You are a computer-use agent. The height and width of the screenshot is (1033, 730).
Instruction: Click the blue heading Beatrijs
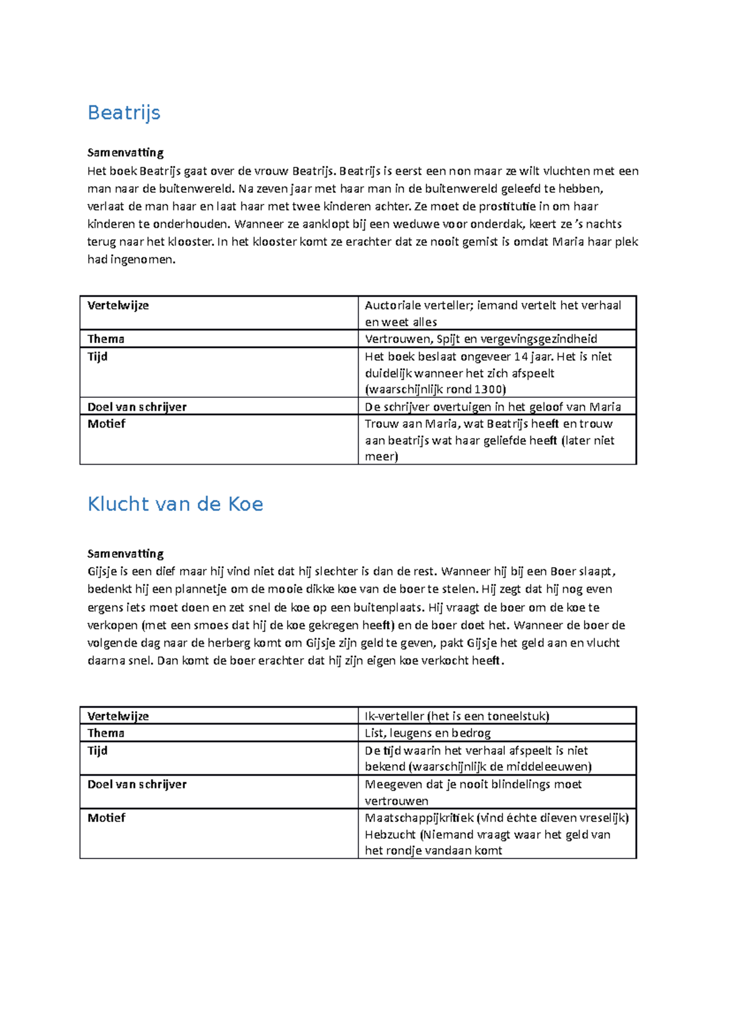(x=124, y=113)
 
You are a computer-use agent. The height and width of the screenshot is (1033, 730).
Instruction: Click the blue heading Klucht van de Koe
(x=175, y=504)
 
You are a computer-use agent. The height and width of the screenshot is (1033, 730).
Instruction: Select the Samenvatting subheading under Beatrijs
(x=125, y=152)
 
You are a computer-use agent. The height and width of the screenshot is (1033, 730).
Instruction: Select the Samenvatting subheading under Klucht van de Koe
(x=125, y=554)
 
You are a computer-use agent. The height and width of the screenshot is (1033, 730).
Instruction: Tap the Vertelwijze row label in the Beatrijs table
(x=118, y=305)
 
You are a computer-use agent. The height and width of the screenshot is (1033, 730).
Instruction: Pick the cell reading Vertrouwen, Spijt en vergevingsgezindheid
(x=481, y=339)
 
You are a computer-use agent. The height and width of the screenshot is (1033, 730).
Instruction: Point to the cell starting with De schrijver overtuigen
(x=492, y=406)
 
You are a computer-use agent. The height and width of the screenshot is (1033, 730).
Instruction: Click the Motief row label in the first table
(x=106, y=423)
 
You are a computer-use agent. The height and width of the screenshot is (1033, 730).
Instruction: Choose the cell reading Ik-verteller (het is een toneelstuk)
(x=456, y=716)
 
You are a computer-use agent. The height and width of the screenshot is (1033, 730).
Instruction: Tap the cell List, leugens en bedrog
(x=427, y=733)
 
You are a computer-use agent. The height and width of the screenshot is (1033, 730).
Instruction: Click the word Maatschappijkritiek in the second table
(x=419, y=818)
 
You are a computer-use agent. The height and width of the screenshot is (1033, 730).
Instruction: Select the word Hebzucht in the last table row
(x=390, y=835)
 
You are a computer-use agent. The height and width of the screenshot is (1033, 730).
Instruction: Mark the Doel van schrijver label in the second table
(x=137, y=784)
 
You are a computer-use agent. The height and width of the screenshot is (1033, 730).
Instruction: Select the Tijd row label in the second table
(x=97, y=751)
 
